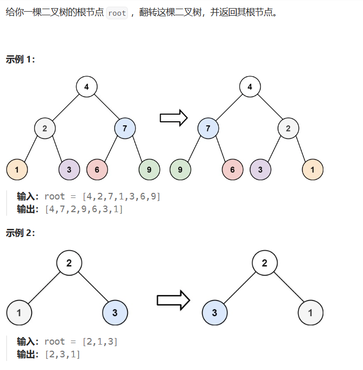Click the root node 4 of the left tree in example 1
pos(87,87)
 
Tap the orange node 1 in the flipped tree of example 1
pos(312,170)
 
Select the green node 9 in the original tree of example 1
pos(149,170)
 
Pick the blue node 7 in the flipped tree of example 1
pos(208,128)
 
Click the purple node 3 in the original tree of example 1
pos(70,170)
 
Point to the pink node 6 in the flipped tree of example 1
pos(233,170)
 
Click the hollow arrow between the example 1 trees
pos(173,118)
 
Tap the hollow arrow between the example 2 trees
pos(173,300)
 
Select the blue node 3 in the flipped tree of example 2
pos(215,313)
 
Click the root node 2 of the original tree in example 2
pos(69,263)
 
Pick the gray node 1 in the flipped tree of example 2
pos(311,313)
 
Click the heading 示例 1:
pos(20,59)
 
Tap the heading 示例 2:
pos(20,233)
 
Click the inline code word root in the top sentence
pos(117,13)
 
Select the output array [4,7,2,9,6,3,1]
pos(84,209)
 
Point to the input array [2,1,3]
pos(100,342)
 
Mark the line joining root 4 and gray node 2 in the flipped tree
pos(269,108)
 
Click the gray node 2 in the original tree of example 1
pos(45,128)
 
